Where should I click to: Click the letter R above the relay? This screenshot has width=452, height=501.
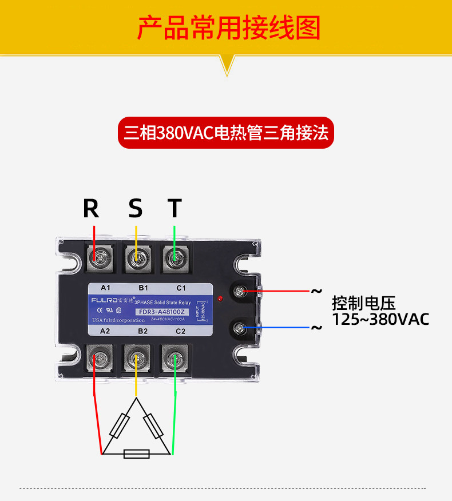[91, 209]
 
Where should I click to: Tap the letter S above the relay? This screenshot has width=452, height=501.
[136, 209]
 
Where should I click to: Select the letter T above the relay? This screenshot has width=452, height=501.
[175, 209]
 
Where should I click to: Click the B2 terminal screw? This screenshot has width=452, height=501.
[136, 360]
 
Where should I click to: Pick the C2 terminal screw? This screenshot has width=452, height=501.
[175, 360]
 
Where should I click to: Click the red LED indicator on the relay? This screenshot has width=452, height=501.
[220, 299]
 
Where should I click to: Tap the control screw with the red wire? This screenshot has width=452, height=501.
[239, 292]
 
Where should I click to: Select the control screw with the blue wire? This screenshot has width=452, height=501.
[239, 328]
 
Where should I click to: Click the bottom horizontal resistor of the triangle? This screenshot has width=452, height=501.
[137, 454]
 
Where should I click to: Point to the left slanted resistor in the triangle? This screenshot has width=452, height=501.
[119, 426]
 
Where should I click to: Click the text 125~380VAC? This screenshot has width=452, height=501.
[380, 319]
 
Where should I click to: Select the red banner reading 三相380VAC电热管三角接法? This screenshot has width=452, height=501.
[226, 133]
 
